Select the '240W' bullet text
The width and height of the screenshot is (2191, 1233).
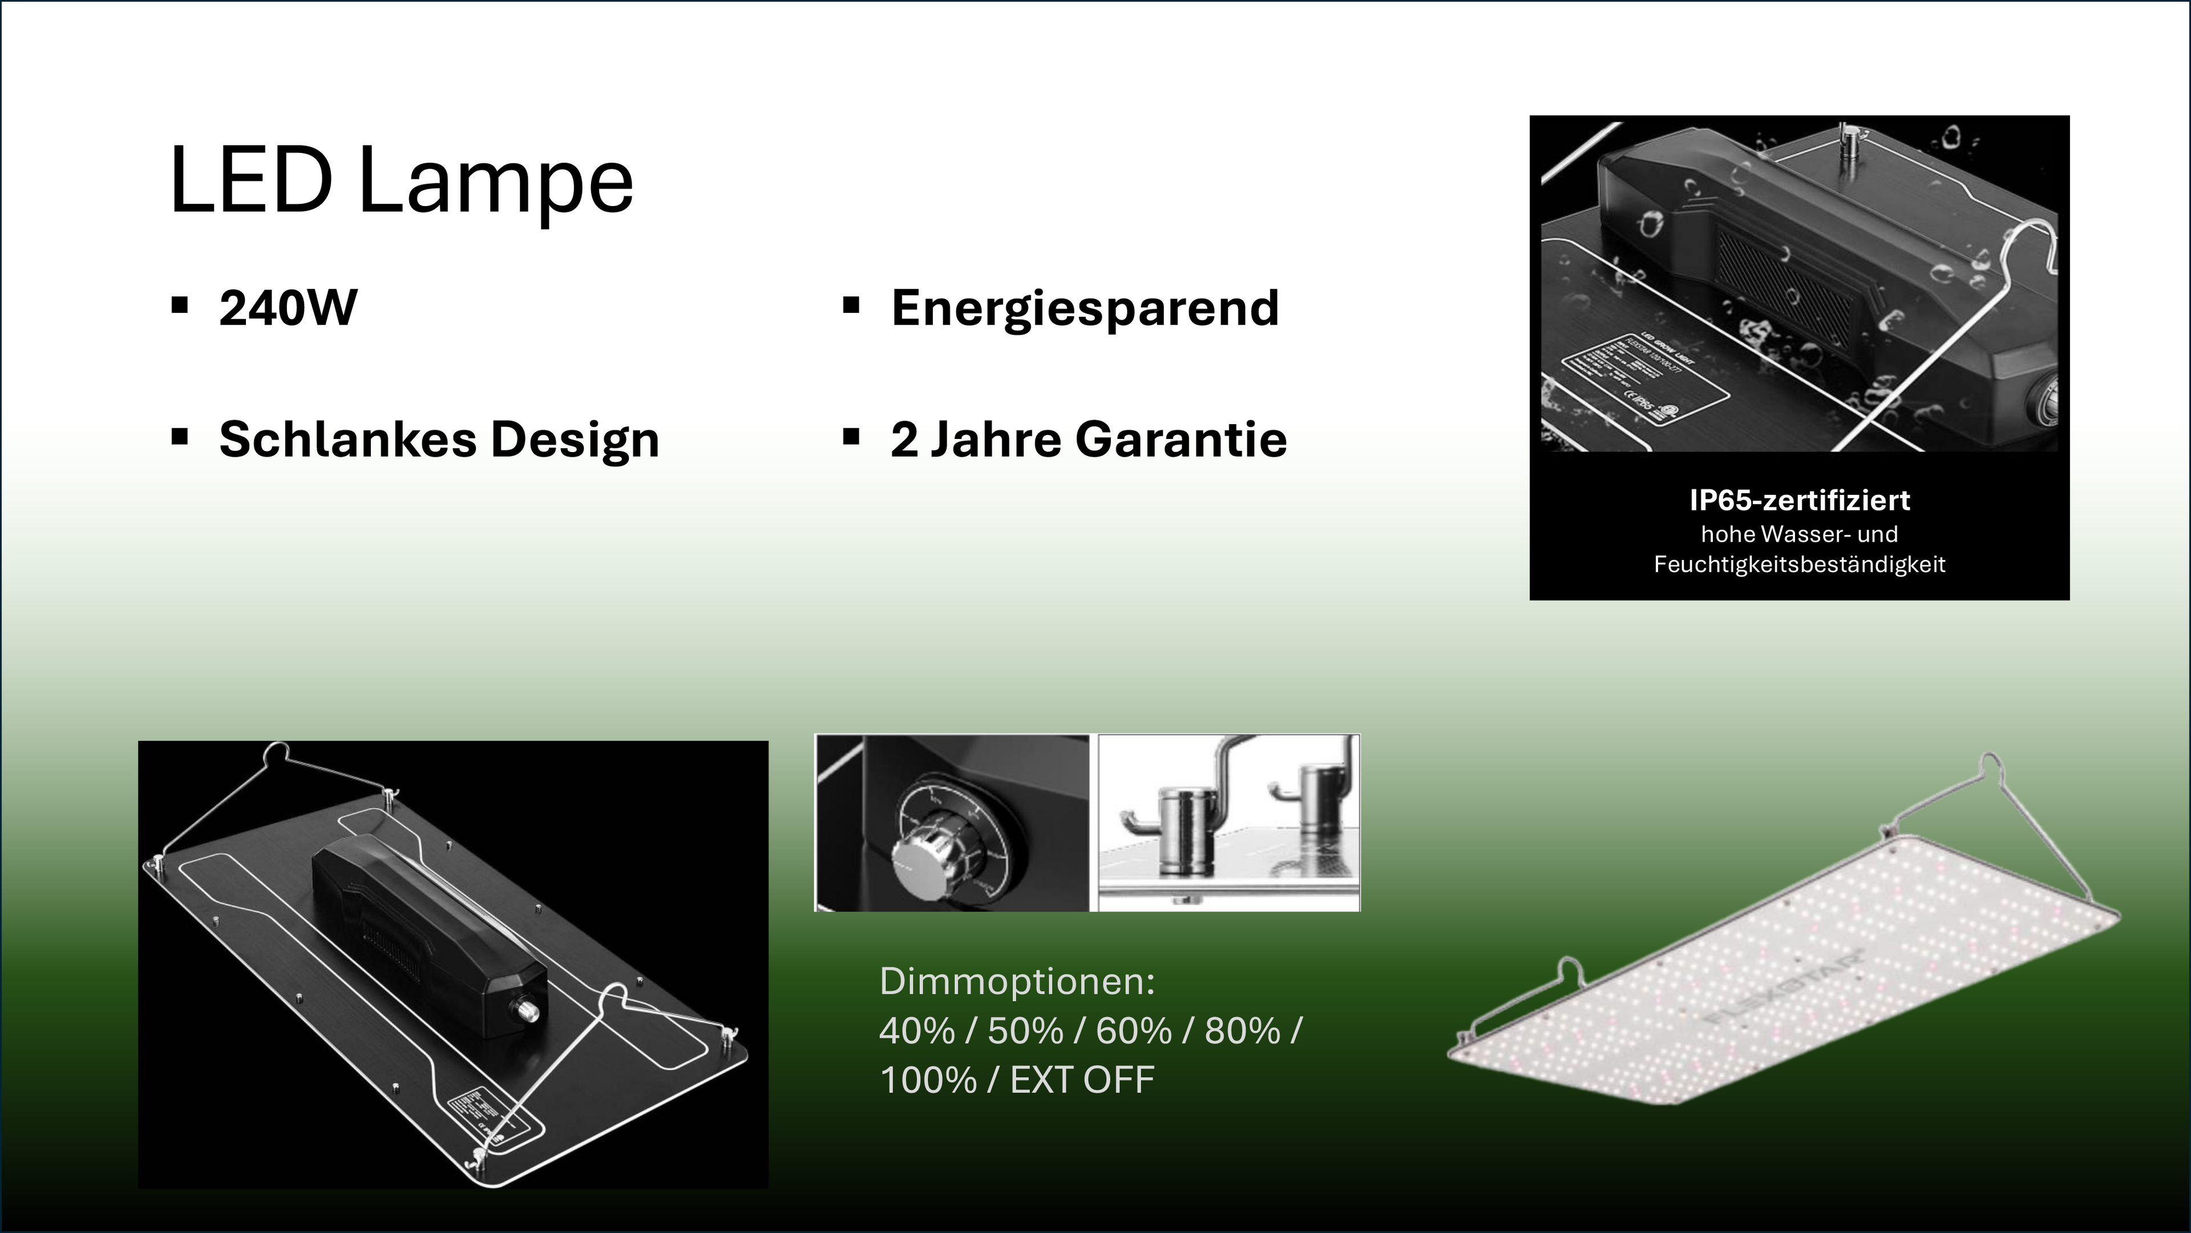(x=288, y=308)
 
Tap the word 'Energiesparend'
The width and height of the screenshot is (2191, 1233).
(x=1085, y=308)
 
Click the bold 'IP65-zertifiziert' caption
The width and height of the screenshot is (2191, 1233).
(x=1799, y=501)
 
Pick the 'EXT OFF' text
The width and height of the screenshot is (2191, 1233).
(x=1082, y=1081)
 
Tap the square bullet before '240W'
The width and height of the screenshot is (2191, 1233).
(x=180, y=305)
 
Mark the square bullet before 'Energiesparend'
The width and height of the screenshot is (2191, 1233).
(x=851, y=305)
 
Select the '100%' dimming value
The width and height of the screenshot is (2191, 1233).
(x=927, y=1081)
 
